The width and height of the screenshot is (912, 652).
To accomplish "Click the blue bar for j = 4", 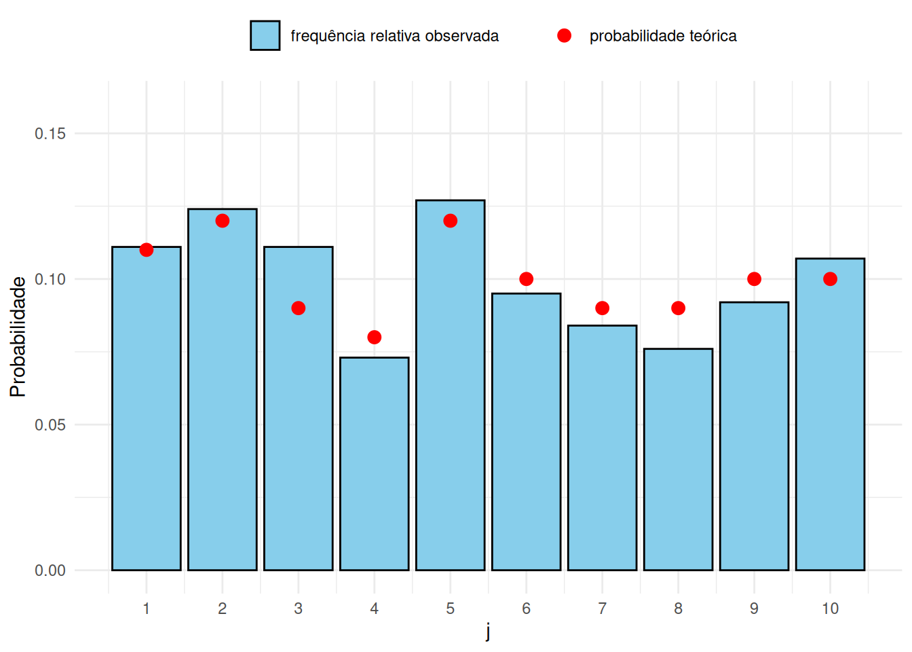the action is coord(374,464).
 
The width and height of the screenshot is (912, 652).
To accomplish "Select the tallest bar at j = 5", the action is coord(451,385).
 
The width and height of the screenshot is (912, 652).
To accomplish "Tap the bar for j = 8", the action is coord(679,459).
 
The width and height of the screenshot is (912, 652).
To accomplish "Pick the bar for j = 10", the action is coord(830,414).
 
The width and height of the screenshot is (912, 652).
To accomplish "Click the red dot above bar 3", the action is coord(299,308).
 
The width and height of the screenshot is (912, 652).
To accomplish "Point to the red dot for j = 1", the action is coord(147,250).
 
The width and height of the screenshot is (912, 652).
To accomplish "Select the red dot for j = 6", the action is coord(527,279).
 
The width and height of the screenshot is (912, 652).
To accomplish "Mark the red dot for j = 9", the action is coord(755,279).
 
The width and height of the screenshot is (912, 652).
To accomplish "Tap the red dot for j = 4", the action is coord(374,338).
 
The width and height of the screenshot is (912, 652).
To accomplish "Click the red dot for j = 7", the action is coord(602,308).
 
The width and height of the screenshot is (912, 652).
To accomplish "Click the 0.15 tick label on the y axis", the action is coord(50,134).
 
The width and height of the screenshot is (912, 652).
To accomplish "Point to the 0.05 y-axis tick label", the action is coord(50,425).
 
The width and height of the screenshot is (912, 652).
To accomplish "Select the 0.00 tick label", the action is coord(50,570).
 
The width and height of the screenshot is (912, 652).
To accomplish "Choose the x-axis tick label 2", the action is coord(223,609).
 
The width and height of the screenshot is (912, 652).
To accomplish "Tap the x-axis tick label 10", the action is coord(830,609).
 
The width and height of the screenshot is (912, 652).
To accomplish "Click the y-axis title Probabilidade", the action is coord(18,337).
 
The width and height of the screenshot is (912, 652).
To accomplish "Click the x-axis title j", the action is coord(488,632).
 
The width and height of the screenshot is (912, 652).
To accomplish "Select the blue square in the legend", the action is coord(265,35).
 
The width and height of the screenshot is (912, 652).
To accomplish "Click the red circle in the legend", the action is coord(565,35).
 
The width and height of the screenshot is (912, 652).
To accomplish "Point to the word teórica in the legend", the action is coord(713,35).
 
